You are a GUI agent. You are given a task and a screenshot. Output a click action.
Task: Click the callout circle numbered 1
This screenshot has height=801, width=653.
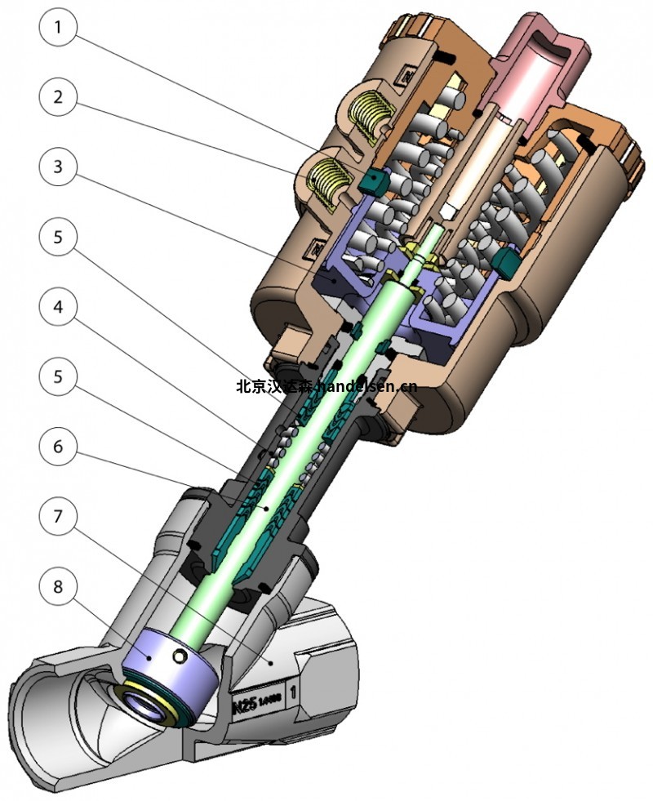click(x=57, y=27)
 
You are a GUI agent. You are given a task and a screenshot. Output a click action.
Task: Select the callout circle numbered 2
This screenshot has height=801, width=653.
click(x=57, y=96)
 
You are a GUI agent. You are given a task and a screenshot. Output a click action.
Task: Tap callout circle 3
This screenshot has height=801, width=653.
click(x=57, y=167)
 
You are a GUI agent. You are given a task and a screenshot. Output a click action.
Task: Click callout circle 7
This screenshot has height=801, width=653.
click(x=57, y=516)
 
